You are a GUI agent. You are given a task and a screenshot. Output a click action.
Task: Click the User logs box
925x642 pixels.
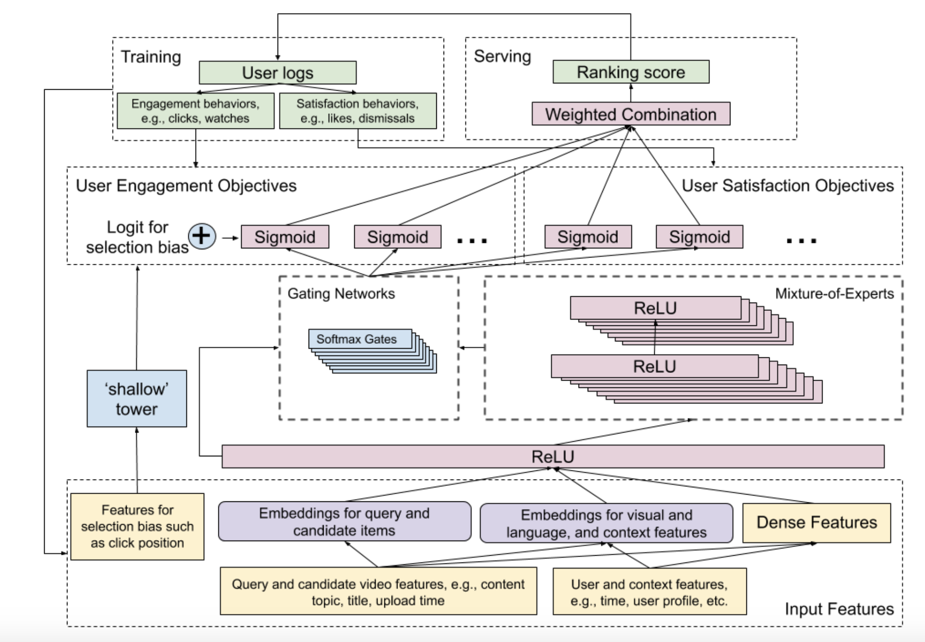click(277, 73)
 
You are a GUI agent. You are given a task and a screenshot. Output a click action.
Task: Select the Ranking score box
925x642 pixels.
click(630, 72)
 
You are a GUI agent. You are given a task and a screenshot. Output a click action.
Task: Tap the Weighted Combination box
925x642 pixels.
click(630, 114)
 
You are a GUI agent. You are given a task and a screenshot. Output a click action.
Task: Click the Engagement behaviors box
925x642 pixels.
click(195, 111)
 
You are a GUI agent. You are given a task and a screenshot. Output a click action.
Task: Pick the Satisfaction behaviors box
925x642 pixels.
click(358, 111)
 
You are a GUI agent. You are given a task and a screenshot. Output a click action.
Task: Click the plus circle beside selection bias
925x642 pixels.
click(202, 237)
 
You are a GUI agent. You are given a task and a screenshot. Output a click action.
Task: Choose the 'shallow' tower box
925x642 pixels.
click(136, 399)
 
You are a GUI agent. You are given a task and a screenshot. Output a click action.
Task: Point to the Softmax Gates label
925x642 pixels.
click(357, 339)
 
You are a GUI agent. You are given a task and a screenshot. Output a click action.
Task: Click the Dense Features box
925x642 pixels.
click(816, 523)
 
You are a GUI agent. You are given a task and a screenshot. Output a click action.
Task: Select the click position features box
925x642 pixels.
click(137, 527)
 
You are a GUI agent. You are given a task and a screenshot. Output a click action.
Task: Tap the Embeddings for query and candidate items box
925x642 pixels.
click(344, 522)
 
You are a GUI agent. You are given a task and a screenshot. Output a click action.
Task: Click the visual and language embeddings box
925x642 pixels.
click(606, 523)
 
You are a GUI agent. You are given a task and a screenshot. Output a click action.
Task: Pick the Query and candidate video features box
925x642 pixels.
click(378, 592)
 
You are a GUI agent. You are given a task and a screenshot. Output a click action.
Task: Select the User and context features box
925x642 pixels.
click(649, 592)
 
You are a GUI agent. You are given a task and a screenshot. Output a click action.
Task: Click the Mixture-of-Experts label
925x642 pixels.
click(834, 293)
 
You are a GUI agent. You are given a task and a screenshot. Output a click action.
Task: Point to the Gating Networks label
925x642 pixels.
click(341, 293)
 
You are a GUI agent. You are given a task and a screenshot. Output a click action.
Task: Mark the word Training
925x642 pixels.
click(150, 57)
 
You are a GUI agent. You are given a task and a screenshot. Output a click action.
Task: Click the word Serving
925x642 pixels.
click(502, 56)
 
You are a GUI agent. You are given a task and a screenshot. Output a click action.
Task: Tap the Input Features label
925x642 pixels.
click(839, 609)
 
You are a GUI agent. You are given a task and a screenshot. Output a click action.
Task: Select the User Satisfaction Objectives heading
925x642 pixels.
click(787, 186)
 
